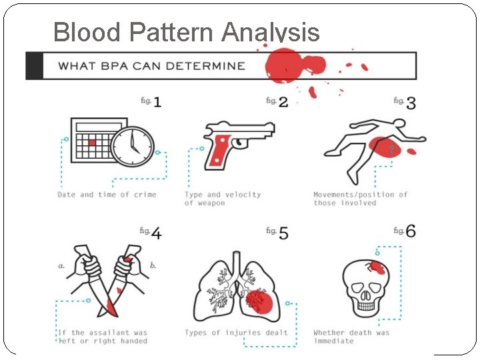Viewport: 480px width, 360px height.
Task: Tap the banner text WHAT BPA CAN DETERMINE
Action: tap(151, 66)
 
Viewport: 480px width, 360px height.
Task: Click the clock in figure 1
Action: tap(132, 145)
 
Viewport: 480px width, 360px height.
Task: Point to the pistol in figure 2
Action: tap(237, 141)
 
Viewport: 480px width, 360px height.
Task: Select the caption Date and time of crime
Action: tap(107, 195)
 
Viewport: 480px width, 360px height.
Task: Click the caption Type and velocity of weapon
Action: tap(223, 199)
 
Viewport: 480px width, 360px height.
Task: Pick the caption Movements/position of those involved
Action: tap(360, 199)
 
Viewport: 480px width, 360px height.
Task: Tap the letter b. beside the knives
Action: tap(153, 265)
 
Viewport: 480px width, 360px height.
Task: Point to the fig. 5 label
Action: tap(277, 232)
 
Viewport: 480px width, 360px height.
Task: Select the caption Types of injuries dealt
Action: tap(236, 333)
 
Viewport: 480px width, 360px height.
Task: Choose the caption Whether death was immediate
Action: tap(351, 337)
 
